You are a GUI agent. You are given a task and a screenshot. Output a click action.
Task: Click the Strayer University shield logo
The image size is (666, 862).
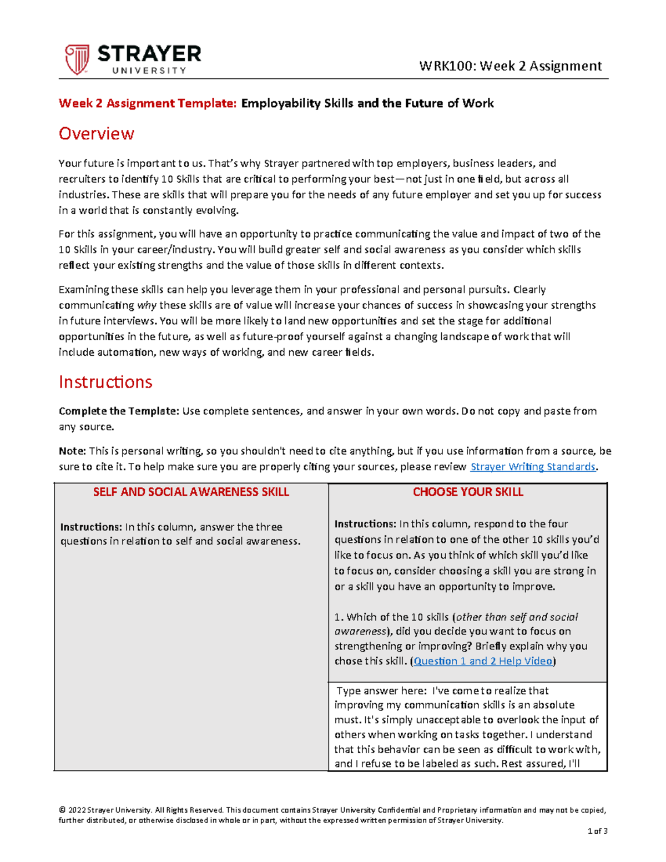click(77, 59)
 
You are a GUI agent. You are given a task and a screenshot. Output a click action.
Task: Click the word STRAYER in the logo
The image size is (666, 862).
click(149, 54)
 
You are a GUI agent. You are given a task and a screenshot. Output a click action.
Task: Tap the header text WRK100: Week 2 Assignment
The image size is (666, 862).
click(510, 66)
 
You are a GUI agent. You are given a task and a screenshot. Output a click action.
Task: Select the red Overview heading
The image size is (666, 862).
click(97, 134)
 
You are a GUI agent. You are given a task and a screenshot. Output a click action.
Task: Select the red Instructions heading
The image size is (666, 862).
click(105, 382)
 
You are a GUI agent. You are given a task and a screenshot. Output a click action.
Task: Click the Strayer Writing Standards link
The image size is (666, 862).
click(533, 467)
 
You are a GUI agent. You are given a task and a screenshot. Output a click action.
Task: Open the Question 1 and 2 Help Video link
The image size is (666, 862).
click(483, 661)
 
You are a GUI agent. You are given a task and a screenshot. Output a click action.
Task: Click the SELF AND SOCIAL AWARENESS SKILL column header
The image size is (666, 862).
click(191, 492)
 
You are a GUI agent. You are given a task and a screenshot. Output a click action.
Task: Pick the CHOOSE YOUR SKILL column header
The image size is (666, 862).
click(468, 492)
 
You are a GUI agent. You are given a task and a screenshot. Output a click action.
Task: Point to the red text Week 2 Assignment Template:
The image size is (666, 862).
click(148, 103)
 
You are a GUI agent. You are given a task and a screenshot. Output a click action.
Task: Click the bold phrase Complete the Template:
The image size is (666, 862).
click(119, 411)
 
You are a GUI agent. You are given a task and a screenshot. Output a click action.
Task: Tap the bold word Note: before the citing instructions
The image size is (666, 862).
click(72, 451)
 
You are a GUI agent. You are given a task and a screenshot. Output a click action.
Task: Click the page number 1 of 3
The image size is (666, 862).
click(598, 831)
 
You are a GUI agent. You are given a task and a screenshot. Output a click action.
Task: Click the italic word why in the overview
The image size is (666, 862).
click(147, 305)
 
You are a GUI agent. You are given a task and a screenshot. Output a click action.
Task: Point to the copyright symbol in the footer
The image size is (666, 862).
click(62, 810)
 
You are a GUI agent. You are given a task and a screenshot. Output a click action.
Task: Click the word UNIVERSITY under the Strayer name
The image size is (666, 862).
click(149, 70)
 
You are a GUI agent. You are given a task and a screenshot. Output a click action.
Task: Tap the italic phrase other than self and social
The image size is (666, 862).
click(517, 617)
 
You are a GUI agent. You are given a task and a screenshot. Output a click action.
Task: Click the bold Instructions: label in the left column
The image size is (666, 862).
click(91, 527)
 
